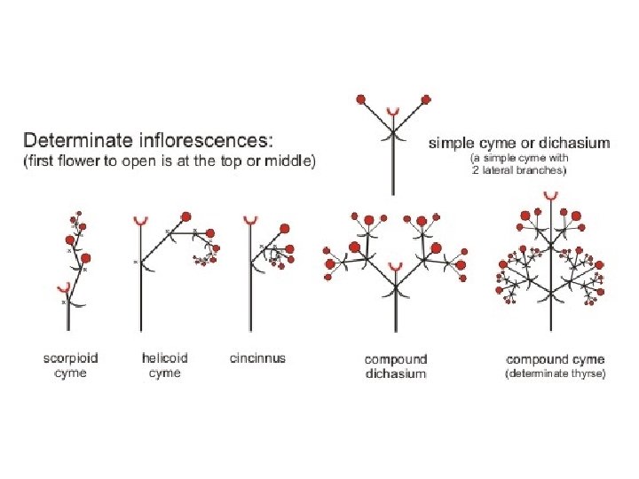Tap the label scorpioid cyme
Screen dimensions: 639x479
(71, 365)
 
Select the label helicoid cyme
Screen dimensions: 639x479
(165, 365)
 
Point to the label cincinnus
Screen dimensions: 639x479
(257, 358)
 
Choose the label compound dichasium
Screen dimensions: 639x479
(396, 366)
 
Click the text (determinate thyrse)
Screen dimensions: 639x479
(556, 374)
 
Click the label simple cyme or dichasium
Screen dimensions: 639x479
(519, 142)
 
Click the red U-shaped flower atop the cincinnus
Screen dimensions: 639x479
(250, 217)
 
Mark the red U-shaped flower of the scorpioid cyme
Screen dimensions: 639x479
(64, 287)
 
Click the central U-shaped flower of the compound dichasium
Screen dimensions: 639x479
(395, 266)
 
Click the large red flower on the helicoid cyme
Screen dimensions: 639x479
(186, 216)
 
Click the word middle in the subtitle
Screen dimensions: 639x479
(285, 161)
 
